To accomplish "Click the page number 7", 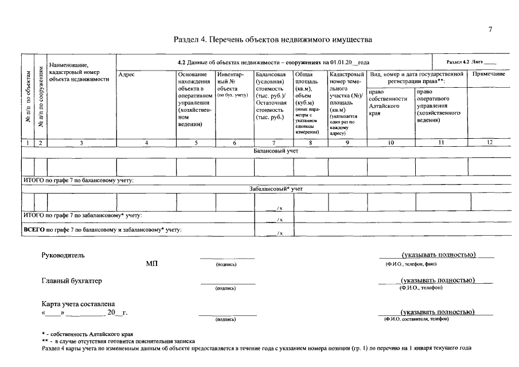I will (490, 29).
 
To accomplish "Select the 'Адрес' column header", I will (126, 75).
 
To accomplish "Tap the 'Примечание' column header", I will (489, 75).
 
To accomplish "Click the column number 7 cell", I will (274, 143).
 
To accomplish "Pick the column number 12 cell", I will (489, 143).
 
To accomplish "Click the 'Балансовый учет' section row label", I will (276, 151).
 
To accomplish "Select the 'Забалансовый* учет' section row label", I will (276, 188).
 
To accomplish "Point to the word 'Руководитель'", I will (63, 256).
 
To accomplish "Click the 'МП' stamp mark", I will (152, 264).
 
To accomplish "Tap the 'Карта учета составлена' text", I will (79, 304).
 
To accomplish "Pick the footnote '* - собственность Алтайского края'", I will (87, 334).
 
